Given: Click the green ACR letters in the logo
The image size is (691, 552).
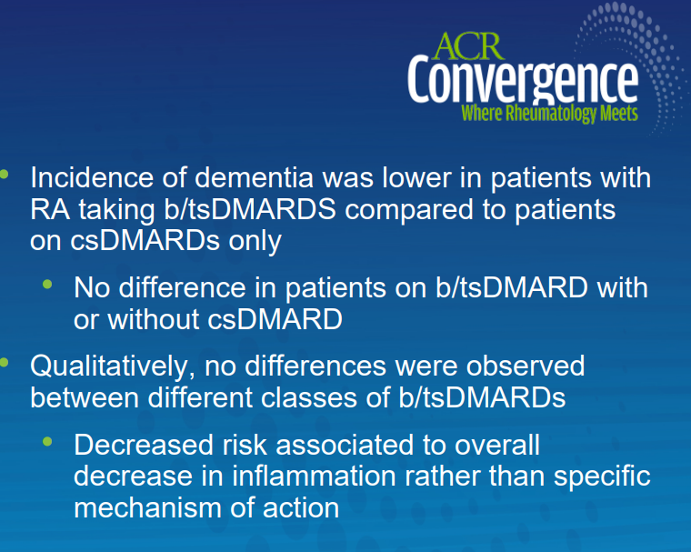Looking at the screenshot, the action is [x=468, y=45].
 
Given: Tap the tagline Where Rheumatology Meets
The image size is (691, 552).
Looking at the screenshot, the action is [x=549, y=114].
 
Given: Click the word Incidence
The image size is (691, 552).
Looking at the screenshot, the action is [x=92, y=177].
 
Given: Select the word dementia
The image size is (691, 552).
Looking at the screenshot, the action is [x=254, y=177].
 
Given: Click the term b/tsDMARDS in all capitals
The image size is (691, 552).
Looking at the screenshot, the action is [x=250, y=209].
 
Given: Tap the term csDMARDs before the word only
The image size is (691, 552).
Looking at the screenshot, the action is [x=145, y=241].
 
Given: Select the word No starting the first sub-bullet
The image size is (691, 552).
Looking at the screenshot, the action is [x=92, y=287].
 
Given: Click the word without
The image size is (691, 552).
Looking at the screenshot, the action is [x=154, y=319].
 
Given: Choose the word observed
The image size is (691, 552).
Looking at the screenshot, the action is [x=526, y=366].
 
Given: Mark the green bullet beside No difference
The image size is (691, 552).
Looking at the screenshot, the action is [x=47, y=285].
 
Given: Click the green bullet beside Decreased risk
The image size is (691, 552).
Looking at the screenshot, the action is [x=47, y=441].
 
